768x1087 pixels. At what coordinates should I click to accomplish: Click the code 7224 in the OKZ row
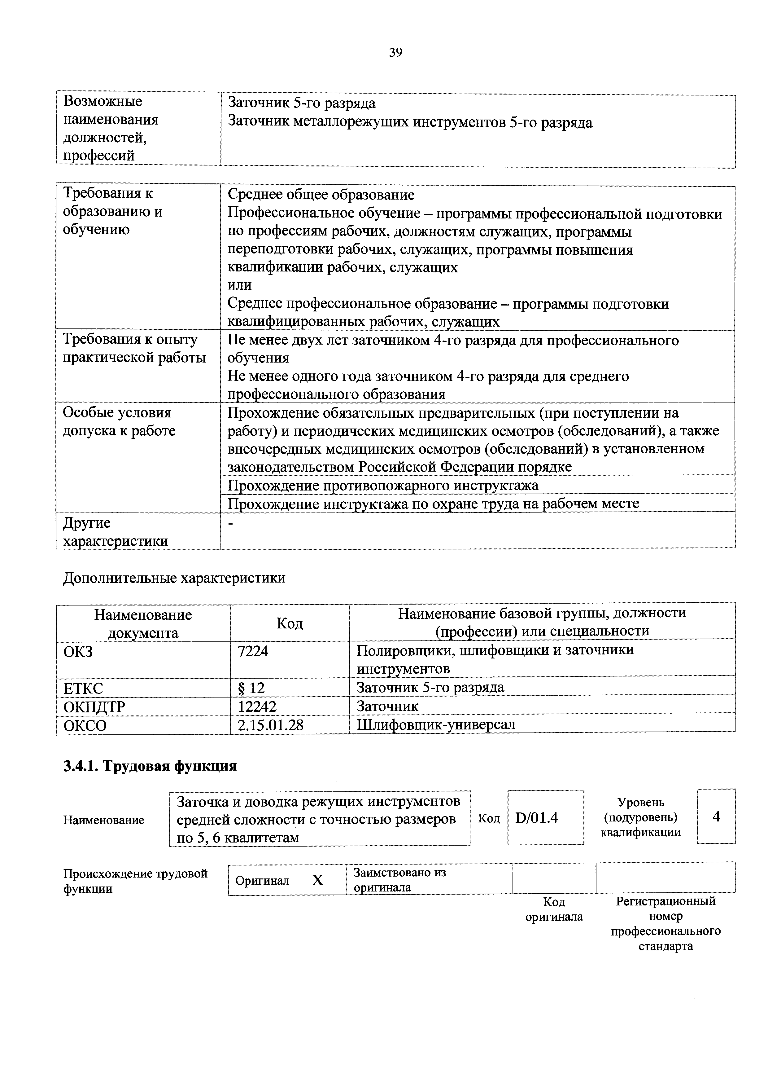[x=253, y=651]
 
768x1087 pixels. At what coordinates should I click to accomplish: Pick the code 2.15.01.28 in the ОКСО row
[x=270, y=725]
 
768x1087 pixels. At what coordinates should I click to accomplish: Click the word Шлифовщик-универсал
[x=436, y=724]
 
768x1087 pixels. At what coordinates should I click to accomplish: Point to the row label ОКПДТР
[x=94, y=707]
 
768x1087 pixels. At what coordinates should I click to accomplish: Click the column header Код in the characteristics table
[x=290, y=623]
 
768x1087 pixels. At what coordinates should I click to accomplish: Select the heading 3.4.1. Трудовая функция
[x=150, y=766]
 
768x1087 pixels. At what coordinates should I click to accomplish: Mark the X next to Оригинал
[x=317, y=880]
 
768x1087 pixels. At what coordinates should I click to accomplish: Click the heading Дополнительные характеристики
[x=174, y=578]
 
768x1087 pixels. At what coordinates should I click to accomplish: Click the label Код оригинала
[x=554, y=909]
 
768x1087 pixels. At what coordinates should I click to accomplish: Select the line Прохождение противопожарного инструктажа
[x=383, y=485]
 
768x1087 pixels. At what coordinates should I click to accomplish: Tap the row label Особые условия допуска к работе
[x=119, y=422]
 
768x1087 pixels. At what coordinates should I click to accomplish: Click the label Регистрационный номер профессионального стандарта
[x=666, y=923]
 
